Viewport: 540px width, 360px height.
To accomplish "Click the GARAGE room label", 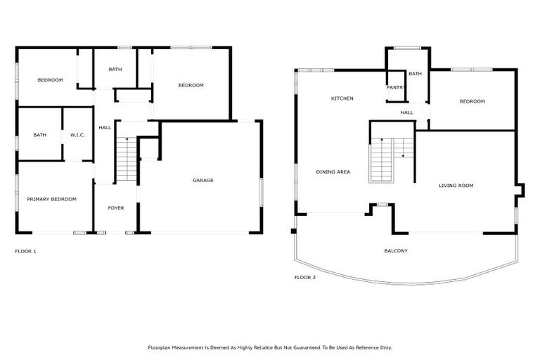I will (x=203, y=181).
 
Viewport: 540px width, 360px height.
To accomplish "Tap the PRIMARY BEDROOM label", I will (x=51, y=200).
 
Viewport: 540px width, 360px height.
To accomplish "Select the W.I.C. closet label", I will (x=77, y=135).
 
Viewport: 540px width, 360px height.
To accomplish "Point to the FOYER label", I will (x=115, y=208).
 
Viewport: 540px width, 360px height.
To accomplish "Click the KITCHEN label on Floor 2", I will (x=342, y=98).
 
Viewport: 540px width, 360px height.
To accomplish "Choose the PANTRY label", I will (x=396, y=87).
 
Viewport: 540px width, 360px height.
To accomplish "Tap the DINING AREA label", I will (x=333, y=172).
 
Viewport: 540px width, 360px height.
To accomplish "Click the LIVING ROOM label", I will (x=456, y=186).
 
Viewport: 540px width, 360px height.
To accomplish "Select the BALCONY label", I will (x=396, y=251).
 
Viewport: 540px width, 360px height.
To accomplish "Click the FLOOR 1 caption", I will (x=25, y=251).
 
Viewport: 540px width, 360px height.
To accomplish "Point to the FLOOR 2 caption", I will (x=304, y=278).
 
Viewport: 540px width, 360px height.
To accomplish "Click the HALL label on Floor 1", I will (x=105, y=127).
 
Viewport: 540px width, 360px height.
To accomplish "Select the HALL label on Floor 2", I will (x=406, y=112).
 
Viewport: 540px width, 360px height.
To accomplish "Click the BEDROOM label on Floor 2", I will (x=472, y=101).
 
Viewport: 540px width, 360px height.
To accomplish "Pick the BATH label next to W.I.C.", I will (x=39, y=135).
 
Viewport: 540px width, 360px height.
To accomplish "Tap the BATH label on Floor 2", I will (x=415, y=74).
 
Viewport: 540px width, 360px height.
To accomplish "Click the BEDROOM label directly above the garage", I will (x=191, y=86).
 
